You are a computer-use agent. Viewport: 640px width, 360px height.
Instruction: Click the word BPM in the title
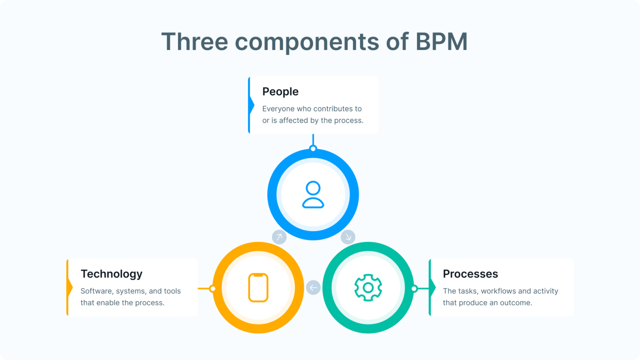(x=441, y=42)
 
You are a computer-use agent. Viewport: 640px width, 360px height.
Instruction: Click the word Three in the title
(x=195, y=42)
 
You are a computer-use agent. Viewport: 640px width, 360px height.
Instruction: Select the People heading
(x=280, y=92)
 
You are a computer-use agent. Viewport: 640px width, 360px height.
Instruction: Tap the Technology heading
(x=111, y=274)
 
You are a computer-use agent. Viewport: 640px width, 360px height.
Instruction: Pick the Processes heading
(x=470, y=274)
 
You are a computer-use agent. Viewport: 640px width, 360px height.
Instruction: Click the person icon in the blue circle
(x=313, y=195)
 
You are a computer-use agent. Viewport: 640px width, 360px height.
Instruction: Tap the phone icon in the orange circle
(x=258, y=287)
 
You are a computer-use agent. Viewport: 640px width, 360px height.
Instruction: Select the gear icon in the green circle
(x=368, y=287)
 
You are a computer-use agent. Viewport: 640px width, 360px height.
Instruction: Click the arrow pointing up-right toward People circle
(x=279, y=237)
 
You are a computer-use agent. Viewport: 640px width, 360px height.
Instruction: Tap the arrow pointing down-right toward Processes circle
(x=348, y=237)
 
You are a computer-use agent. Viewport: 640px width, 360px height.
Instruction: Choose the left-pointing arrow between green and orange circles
(x=313, y=287)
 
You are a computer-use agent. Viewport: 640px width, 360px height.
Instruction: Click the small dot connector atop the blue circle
(x=313, y=149)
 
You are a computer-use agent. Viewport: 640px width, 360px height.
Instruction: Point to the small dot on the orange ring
(x=212, y=288)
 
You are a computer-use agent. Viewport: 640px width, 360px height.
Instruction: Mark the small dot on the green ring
(x=414, y=288)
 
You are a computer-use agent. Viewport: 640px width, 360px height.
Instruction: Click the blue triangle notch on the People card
(x=251, y=105)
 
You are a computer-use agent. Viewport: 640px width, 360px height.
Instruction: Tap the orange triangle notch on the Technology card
(x=70, y=287)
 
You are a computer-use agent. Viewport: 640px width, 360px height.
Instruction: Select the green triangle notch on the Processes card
(x=432, y=287)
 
